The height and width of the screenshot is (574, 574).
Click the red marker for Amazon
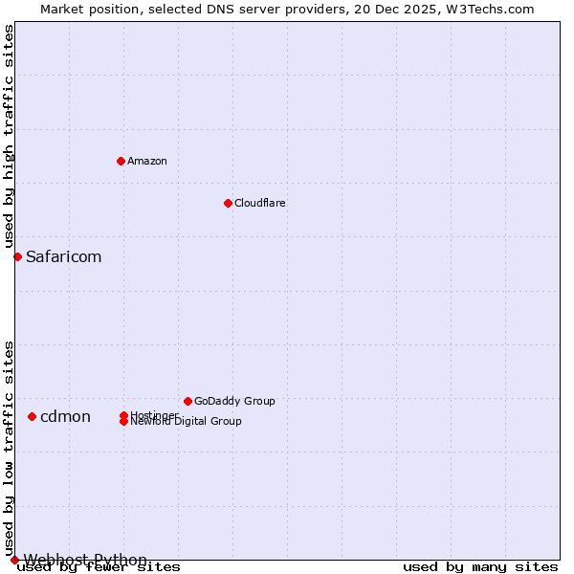[x=121, y=161]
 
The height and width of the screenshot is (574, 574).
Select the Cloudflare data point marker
[x=228, y=203]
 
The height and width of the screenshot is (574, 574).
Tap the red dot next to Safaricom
[x=17, y=256]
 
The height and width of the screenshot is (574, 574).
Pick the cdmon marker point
[x=32, y=416]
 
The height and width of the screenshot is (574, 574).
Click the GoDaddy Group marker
[x=188, y=401]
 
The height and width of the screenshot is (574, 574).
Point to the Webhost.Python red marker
[x=14, y=560]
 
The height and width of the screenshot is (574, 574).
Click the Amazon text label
[x=147, y=161]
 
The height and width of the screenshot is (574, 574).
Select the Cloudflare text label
[x=260, y=203]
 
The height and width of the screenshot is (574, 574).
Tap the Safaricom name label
[x=63, y=256]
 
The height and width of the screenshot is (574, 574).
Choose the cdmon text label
[x=65, y=416]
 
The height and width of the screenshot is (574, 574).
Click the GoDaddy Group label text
[x=234, y=401]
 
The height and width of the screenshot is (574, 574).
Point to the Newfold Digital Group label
[x=186, y=421]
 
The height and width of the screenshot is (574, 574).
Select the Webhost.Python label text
[x=85, y=560]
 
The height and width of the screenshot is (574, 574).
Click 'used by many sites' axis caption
[x=480, y=567]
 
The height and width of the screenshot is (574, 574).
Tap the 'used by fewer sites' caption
[x=99, y=567]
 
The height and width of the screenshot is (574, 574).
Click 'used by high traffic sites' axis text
[x=9, y=137]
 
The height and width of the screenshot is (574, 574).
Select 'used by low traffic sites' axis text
[x=9, y=448]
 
